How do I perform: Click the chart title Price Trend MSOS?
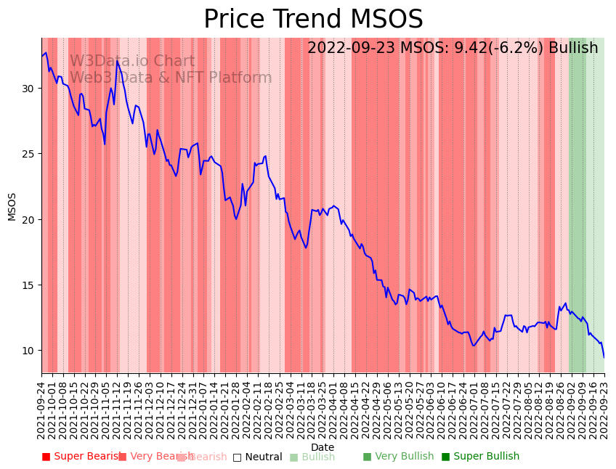coord(313,20)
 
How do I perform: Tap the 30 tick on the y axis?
coord(28,89)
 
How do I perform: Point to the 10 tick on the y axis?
coord(28,351)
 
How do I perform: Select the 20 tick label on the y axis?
coord(28,220)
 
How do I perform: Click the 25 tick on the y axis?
coord(28,154)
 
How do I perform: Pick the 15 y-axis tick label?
coord(28,285)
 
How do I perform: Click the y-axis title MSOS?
coord(12,206)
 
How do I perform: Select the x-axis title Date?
coord(323,447)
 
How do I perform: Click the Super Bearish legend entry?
coord(81,457)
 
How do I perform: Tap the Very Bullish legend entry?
coord(398,457)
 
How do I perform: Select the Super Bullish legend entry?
coord(480,457)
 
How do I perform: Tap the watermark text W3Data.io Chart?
coord(132,62)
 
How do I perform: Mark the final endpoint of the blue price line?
coord(604,357)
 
